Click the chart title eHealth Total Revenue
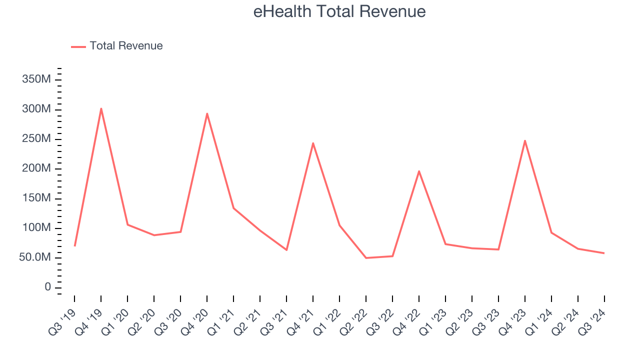339,11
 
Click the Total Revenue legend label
126,46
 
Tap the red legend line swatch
78,46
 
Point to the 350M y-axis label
36,80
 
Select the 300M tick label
36,109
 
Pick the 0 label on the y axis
47,287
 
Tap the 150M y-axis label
36,198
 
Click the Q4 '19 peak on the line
101,108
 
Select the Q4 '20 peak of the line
207,113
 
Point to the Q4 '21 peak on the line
313,143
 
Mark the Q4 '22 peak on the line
419,171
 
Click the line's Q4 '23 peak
525,140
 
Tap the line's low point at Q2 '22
366,258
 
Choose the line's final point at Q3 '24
604,253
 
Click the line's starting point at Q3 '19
74,245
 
